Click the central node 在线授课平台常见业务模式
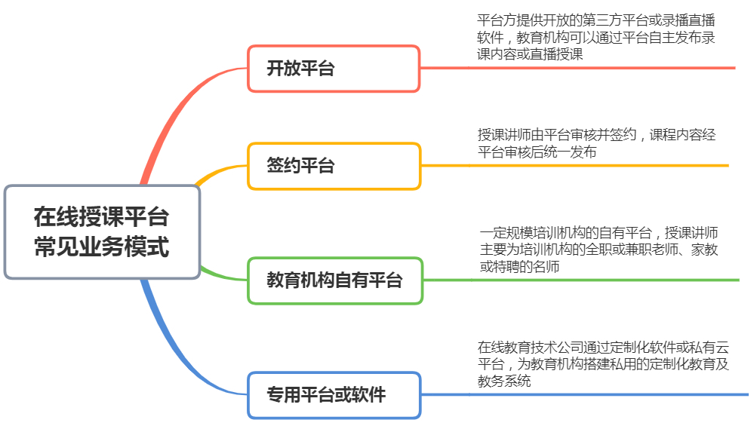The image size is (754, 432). click(102, 232)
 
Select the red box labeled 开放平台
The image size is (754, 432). click(334, 69)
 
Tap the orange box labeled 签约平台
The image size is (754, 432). click(334, 166)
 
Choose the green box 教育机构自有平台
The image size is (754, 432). click(334, 280)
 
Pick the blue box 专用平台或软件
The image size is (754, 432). click(334, 394)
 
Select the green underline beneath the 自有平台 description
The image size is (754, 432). click(604, 280)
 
